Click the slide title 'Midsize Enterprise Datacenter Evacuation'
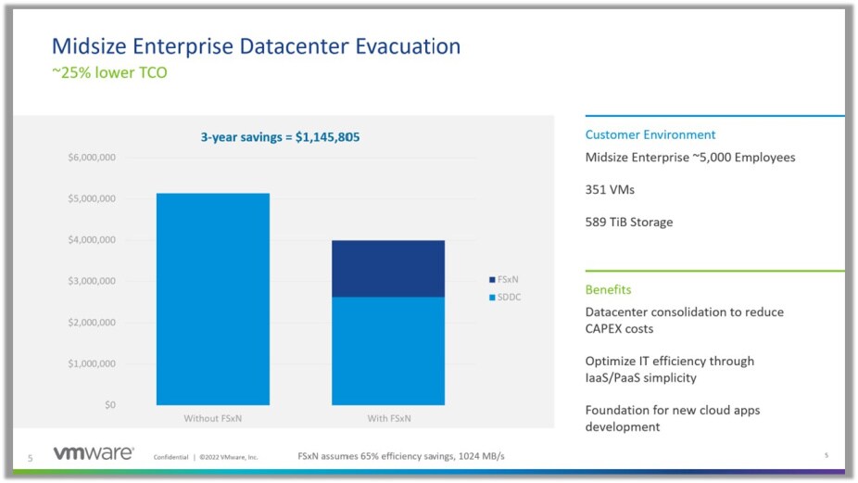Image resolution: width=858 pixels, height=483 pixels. pos(256,45)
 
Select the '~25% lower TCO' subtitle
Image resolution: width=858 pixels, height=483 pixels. pos(109,71)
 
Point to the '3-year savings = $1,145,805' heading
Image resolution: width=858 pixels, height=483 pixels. pos(280,136)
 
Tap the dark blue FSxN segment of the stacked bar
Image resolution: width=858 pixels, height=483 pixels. pos(388,269)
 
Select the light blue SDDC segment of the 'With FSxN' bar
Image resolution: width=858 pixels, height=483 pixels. pos(388,350)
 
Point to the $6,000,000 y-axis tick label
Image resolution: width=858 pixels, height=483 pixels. pos(91,158)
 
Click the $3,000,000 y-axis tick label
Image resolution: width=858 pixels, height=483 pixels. pos(91,281)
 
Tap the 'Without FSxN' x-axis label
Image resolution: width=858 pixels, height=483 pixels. pos(213,419)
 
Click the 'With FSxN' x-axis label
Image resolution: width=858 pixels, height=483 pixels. pos(388,419)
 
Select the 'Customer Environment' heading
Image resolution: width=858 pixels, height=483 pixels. pos(650,134)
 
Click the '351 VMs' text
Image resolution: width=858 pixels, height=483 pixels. pos(611,189)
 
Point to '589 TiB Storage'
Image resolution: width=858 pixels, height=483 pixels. pos(629,222)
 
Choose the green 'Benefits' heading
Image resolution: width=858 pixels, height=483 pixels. pos(609,289)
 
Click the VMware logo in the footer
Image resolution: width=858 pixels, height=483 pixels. pos(92,454)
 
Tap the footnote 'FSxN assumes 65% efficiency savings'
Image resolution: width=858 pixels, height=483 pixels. pos(400,456)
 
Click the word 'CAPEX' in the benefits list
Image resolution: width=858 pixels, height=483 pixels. pos(606,328)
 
